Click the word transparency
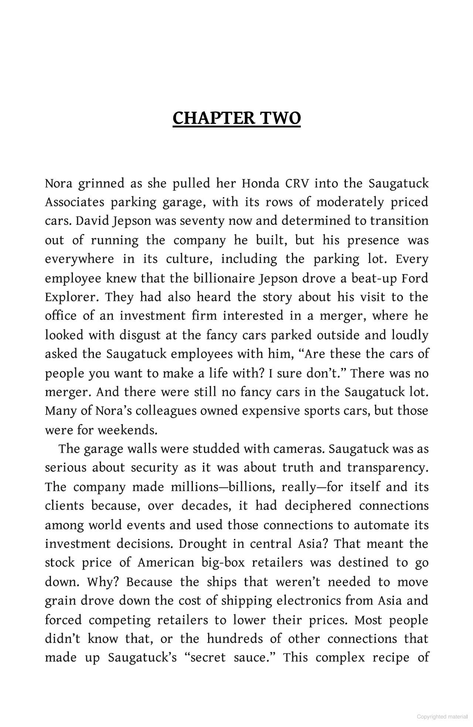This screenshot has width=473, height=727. click(388, 468)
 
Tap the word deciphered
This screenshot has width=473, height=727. click(318, 505)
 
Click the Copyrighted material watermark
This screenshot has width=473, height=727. click(442, 717)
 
